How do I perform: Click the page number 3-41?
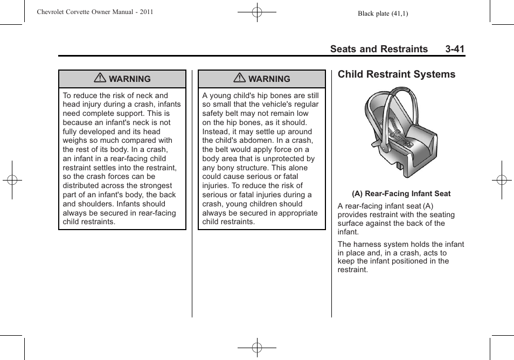click(455, 49)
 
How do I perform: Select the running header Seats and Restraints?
click(379, 49)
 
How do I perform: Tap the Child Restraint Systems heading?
click(396, 74)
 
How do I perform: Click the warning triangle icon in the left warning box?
click(100, 79)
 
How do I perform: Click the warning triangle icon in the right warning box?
click(239, 79)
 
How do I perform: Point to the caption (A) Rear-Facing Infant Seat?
click(401, 193)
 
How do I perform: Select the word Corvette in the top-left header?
click(89, 12)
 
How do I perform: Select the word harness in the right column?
click(369, 244)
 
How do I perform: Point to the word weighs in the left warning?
click(75, 141)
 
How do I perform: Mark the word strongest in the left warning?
click(156, 186)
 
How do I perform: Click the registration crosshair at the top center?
click(257, 12)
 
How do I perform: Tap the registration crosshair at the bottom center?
click(257, 348)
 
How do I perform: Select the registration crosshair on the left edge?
click(12, 180)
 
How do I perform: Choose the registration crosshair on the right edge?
click(502, 180)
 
